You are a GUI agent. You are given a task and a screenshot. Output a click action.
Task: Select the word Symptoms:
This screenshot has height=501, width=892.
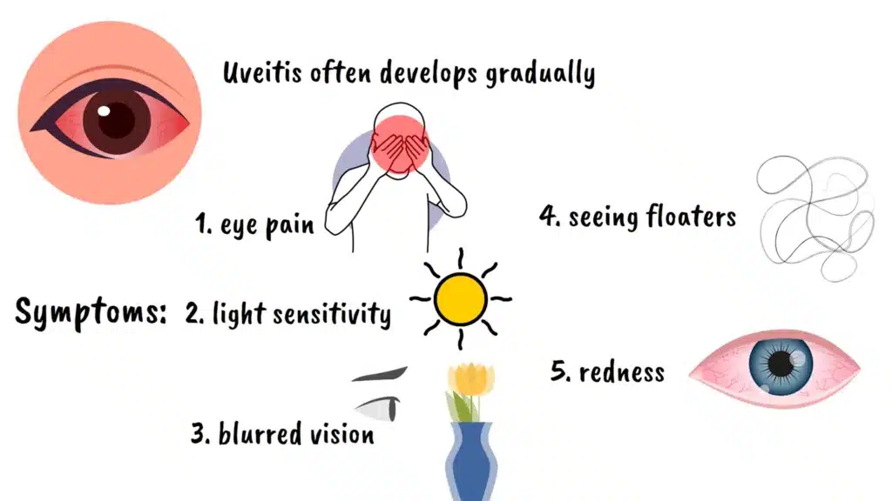click(91, 312)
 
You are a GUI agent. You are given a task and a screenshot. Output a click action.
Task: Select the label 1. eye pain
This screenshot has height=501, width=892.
click(253, 224)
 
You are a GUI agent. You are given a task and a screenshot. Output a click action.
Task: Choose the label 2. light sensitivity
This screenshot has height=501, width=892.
click(288, 313)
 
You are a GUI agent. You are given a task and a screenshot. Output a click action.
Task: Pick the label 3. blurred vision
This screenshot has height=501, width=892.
click(282, 432)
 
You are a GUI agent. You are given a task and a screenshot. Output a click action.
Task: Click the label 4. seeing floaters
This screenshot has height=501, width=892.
click(637, 216)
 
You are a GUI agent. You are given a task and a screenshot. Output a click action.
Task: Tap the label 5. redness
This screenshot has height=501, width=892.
click(607, 372)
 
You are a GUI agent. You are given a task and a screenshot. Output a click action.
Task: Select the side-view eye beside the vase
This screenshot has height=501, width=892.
click(382, 406)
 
